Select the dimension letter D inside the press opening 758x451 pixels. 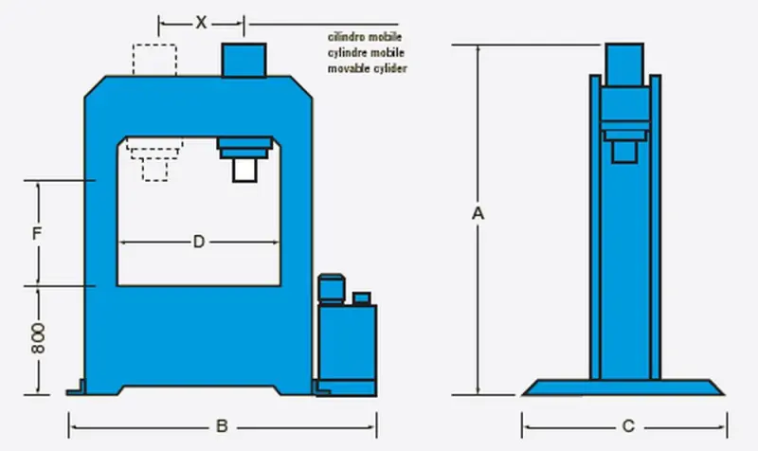click(199, 243)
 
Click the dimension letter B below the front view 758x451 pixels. click(221, 426)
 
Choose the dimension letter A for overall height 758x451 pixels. click(478, 215)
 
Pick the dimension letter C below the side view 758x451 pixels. click(624, 426)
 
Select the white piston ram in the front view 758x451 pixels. click(245, 170)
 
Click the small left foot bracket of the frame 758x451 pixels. click(76, 388)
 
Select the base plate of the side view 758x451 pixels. click(624, 387)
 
